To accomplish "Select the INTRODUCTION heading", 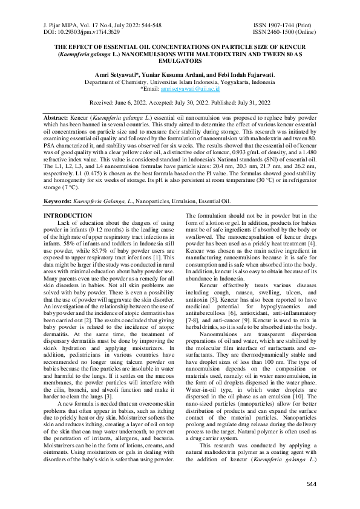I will point(68,216).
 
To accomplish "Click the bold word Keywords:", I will point(62,201).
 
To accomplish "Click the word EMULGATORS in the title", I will point(179,61).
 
